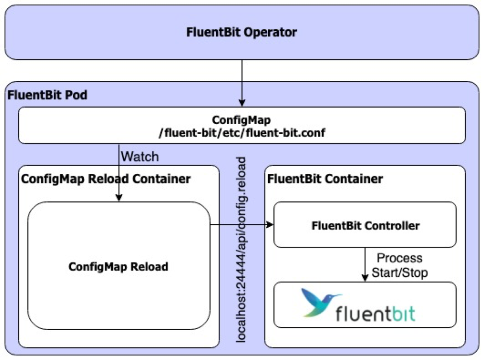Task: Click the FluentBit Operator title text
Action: pyautogui.click(x=242, y=33)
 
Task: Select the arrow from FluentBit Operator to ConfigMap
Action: pyautogui.click(x=242, y=82)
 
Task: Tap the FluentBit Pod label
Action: pyautogui.click(x=47, y=95)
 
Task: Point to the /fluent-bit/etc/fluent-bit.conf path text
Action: pyautogui.click(x=242, y=133)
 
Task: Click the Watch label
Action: pyautogui.click(x=140, y=156)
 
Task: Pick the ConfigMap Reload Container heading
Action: pyautogui.click(x=106, y=180)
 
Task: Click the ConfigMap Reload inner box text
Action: pyautogui.click(x=118, y=266)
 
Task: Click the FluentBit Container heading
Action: pyautogui.click(x=325, y=180)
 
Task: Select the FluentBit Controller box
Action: pyautogui.click(x=365, y=225)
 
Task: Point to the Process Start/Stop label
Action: pyautogui.click(x=399, y=265)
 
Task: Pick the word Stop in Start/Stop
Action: pyautogui.click(x=417, y=272)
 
